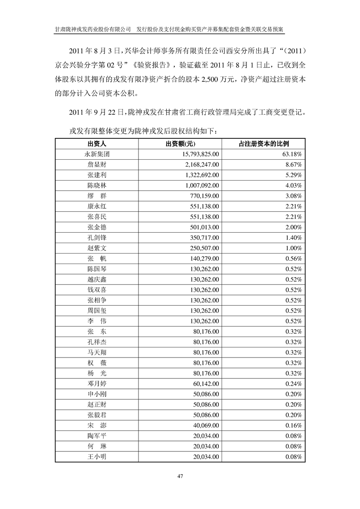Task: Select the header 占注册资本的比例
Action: [263, 143]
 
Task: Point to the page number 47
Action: [180, 476]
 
